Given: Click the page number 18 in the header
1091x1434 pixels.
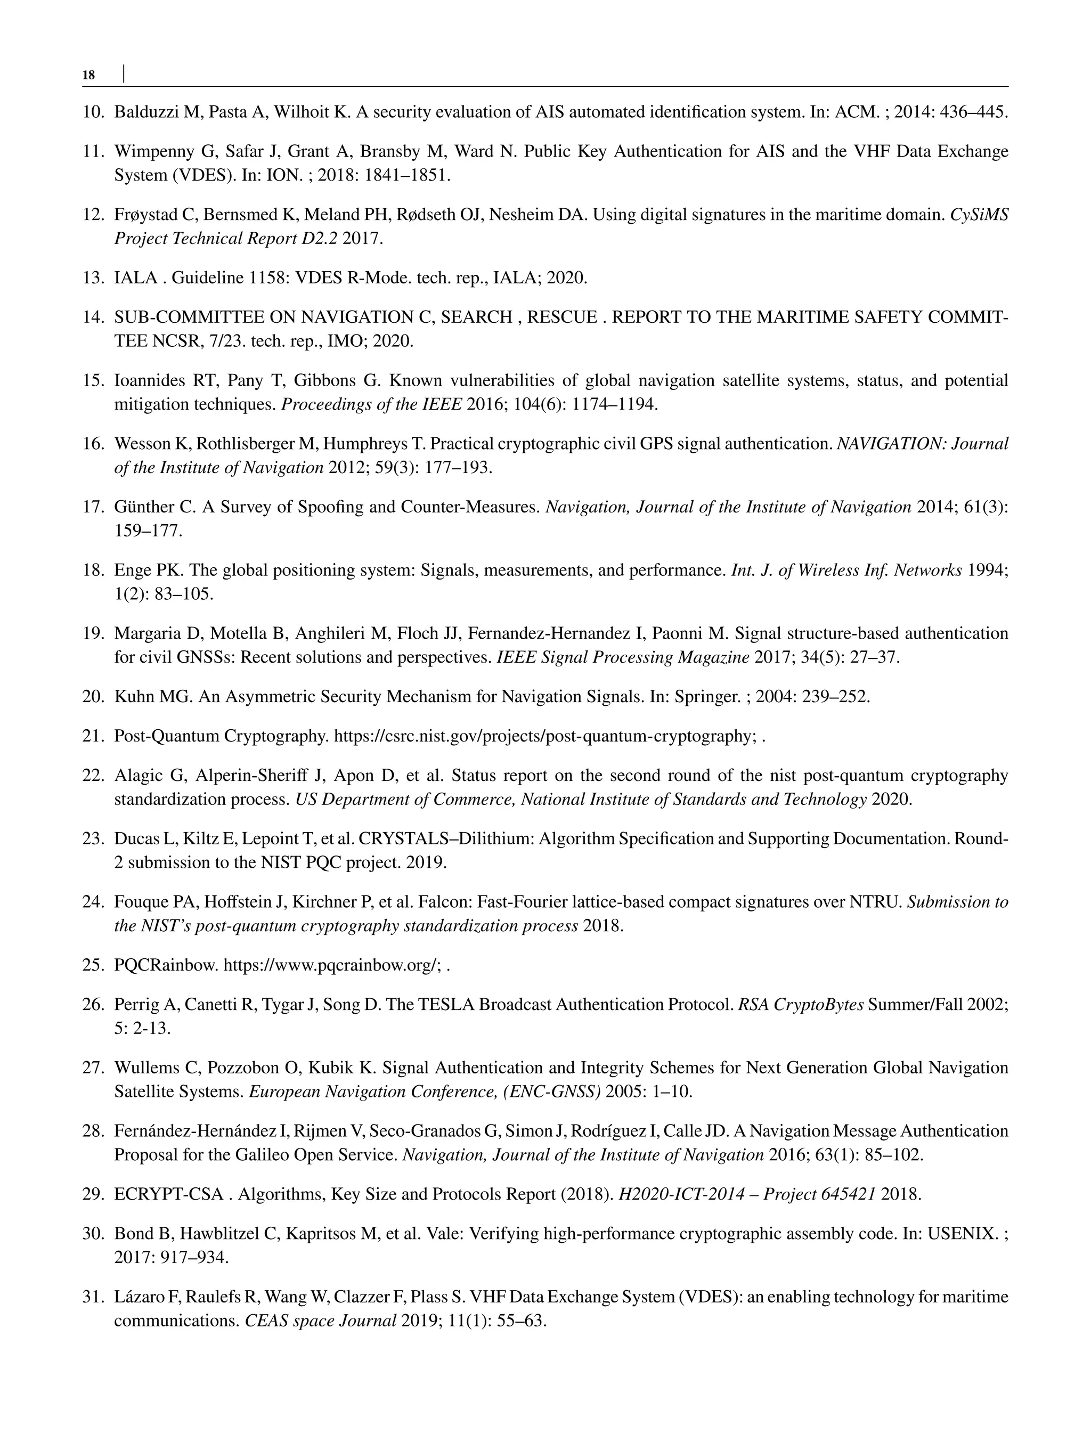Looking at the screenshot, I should tap(89, 75).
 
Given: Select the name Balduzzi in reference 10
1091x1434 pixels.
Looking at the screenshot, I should tap(146, 112).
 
